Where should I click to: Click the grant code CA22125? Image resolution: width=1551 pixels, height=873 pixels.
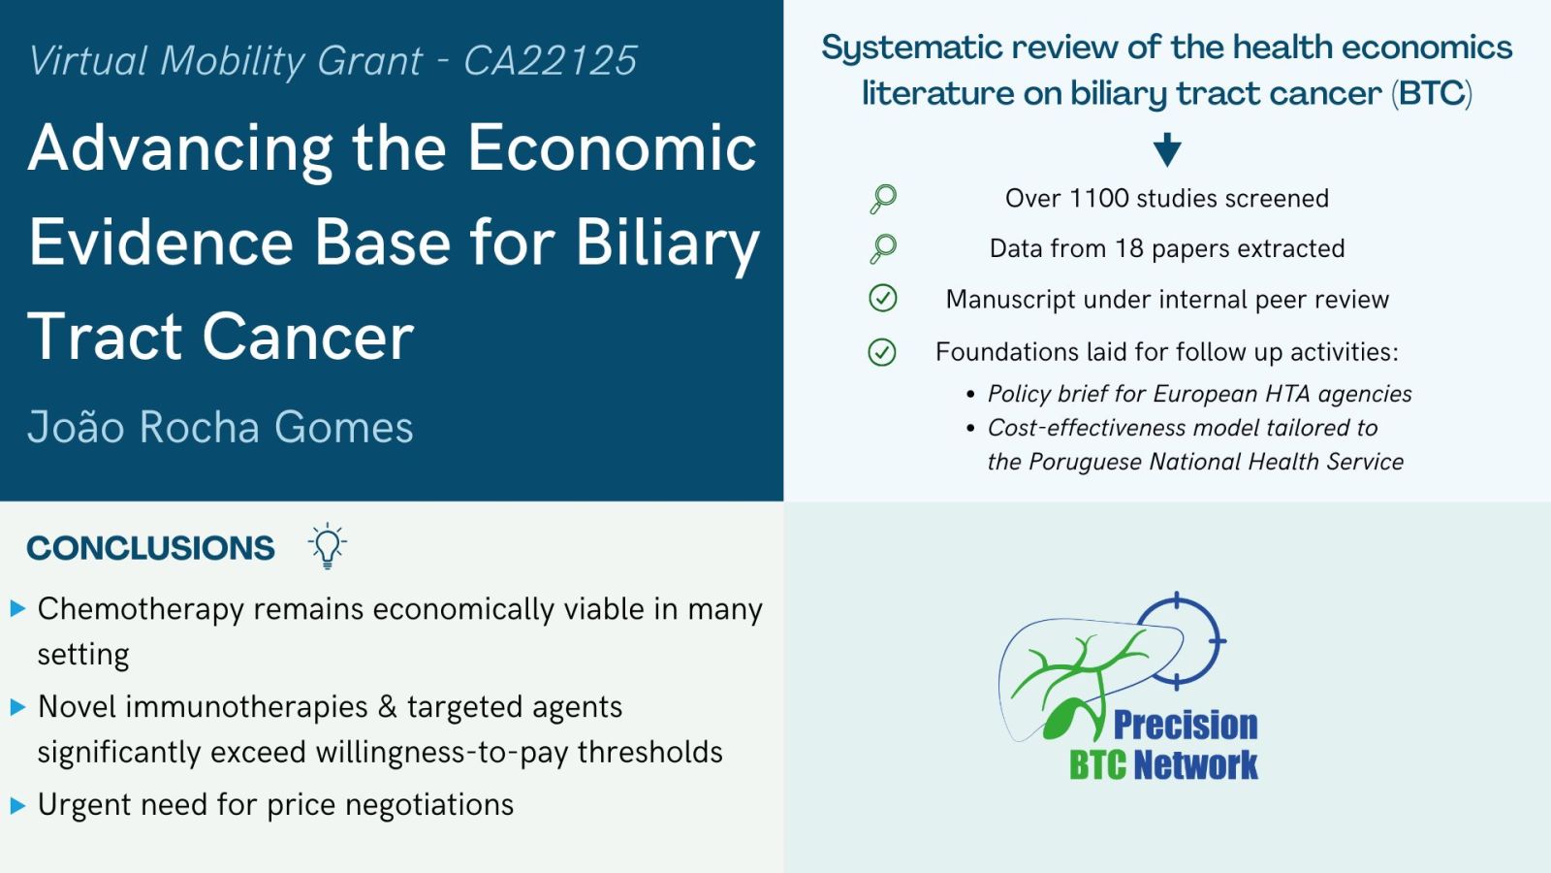coord(550,60)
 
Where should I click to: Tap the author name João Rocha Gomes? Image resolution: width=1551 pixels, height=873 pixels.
coord(220,426)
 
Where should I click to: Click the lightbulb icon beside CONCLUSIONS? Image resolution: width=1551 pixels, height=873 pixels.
coord(328,546)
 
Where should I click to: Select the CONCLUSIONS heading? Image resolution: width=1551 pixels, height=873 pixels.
coord(150,548)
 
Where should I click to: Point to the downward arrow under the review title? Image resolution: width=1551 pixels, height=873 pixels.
coord(1167,149)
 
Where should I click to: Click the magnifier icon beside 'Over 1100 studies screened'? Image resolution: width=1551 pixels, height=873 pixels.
coord(883,199)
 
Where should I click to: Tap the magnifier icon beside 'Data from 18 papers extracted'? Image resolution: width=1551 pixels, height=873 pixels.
coord(883,248)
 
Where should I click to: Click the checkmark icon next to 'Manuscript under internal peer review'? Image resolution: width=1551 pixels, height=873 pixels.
coord(883,299)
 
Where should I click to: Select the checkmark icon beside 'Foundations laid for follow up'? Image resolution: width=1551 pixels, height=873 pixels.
coord(882,352)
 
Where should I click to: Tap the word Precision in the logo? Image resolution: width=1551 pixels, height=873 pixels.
coord(1186,725)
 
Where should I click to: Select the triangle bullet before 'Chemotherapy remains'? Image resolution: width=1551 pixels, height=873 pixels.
coord(18,609)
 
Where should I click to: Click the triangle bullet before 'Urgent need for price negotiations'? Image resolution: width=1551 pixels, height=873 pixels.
coord(18,805)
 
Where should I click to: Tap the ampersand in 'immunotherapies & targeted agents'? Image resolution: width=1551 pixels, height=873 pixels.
coord(388,707)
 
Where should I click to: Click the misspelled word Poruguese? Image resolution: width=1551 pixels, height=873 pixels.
coord(1085,462)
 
